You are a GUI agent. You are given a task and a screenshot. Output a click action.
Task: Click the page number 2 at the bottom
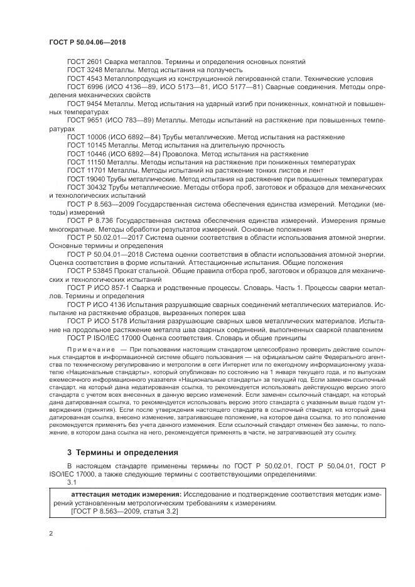[50, 533]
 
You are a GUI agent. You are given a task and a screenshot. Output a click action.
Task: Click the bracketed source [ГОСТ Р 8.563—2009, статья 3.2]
[125, 512]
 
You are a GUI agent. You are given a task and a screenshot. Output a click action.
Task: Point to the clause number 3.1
[72, 483]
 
